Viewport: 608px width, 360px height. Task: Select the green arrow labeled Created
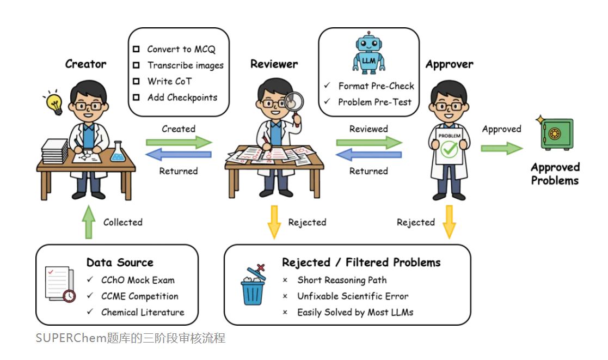coord(179,142)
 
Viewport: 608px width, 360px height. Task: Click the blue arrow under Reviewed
coord(369,156)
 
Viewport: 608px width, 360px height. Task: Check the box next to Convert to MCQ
coord(136,49)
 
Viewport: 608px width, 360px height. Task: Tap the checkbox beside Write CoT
coord(136,81)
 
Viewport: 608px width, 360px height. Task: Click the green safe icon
coord(555,134)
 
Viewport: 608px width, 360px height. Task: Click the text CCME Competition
coord(139,296)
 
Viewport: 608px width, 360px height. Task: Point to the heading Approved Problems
coord(555,174)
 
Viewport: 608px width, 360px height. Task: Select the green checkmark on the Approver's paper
coord(449,150)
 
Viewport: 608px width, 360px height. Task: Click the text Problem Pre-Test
coord(374,102)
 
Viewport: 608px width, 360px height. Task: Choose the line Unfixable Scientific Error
coord(352,296)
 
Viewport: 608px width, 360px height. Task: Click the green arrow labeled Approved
coord(501,148)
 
